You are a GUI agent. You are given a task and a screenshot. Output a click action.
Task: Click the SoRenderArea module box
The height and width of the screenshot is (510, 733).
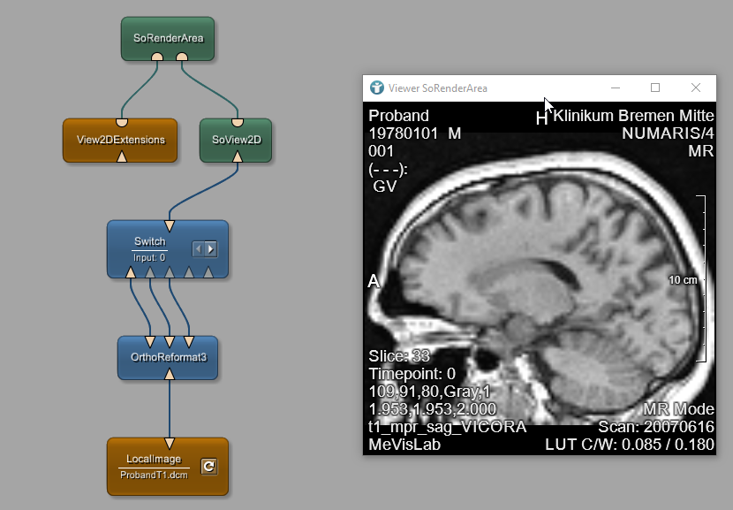point(168,38)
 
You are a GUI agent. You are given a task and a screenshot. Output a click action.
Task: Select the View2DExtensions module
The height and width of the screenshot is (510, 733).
point(120,140)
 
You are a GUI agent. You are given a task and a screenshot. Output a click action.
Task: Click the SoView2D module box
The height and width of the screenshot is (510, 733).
point(237,140)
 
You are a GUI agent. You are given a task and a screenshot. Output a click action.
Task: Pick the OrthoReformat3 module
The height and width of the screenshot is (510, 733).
point(168,357)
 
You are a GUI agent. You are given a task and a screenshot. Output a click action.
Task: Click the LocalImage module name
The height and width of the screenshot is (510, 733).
point(154,459)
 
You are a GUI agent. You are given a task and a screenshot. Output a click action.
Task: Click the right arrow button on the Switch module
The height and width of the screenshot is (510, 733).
point(211,249)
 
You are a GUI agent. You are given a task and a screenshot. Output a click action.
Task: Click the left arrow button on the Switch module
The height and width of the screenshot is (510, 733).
point(199,249)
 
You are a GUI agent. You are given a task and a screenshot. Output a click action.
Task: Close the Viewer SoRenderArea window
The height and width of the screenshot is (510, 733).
point(696,88)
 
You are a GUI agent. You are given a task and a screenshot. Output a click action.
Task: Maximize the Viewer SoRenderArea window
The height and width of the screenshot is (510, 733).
point(655,88)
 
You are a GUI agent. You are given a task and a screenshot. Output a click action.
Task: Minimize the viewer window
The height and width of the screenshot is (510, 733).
point(615,88)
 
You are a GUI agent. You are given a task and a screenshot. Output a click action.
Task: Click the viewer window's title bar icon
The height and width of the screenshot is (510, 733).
point(377,88)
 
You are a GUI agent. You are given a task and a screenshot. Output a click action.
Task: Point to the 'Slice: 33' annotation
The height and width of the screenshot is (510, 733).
point(399,356)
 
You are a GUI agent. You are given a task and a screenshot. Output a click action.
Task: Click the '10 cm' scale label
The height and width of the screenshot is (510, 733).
point(683,280)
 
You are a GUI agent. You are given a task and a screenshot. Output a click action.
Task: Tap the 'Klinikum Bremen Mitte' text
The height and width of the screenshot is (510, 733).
point(633,116)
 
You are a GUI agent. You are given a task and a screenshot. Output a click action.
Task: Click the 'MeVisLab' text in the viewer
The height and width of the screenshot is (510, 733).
point(404,445)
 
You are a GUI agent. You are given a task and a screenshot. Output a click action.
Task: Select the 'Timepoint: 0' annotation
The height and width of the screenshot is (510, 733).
point(412,374)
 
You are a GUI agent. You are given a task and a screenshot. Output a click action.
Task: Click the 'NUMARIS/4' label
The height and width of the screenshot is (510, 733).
point(668,133)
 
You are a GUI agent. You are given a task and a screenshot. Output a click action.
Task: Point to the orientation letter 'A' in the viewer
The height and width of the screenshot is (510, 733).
point(374,281)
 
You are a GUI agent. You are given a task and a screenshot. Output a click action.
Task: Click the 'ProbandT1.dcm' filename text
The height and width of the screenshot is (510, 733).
point(154,475)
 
